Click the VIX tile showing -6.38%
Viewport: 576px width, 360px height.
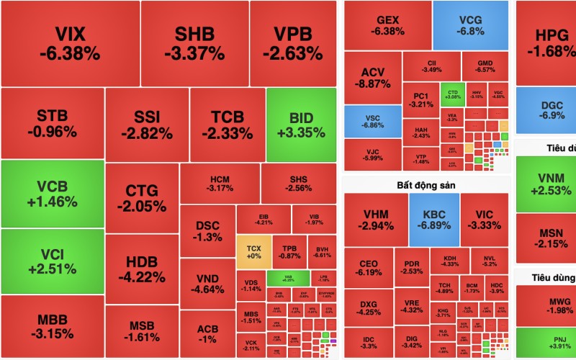(x=70, y=43)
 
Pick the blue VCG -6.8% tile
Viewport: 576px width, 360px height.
(x=472, y=25)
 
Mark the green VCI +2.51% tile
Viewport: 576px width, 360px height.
(x=52, y=261)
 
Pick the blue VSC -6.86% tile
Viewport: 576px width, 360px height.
(x=372, y=121)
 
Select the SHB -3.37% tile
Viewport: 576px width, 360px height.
(x=194, y=43)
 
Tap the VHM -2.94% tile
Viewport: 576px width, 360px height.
(x=375, y=219)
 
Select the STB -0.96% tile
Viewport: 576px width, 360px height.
(x=52, y=124)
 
